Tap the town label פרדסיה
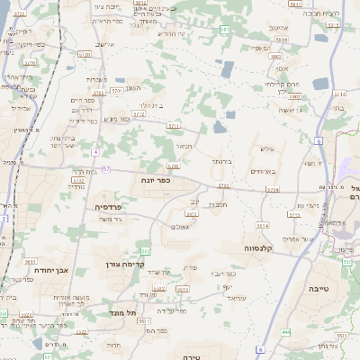tap(109, 206)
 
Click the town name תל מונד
tap(123, 311)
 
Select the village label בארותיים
tap(261, 171)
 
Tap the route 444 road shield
tap(286, 332)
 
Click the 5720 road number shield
tap(84, 54)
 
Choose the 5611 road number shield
tap(30, 260)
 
